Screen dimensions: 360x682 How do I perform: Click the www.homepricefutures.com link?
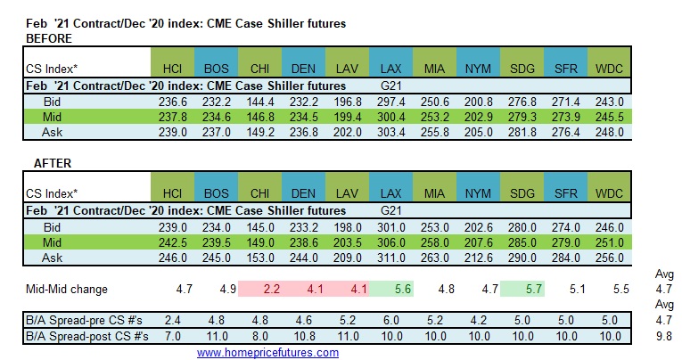coord(267,352)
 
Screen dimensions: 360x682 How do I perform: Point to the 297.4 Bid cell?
coord(392,102)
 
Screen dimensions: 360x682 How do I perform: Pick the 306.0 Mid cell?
coord(392,241)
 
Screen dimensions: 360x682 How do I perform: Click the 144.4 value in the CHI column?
coord(260,102)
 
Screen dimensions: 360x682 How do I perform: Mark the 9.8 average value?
coord(663,337)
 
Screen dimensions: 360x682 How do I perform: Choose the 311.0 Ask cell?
coord(392,257)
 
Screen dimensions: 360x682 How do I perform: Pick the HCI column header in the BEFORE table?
coord(172,69)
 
